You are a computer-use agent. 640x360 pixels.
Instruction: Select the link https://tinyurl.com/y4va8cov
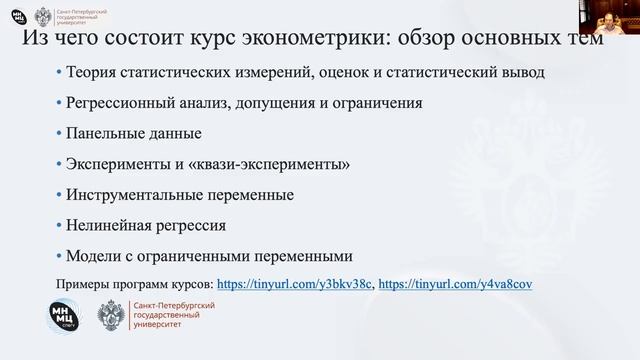455,284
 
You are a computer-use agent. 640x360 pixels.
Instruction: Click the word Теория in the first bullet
91,72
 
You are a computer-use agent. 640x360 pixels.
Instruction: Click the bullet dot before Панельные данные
59,133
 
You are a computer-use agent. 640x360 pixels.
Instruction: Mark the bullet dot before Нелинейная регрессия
59,225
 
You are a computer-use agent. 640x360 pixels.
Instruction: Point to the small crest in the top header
44,17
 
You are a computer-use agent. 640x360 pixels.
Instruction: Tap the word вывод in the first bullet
524,72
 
